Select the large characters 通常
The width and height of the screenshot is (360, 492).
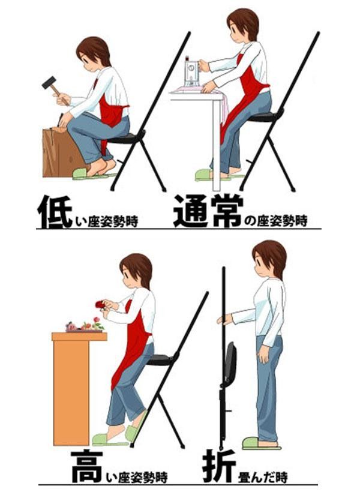pos(208,211)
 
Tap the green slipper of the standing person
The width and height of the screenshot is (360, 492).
pos(259,443)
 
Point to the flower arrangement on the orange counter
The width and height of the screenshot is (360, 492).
pos(83,326)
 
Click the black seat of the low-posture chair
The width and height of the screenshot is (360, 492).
pos(123,139)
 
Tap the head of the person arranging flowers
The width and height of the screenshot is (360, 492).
pos(137,270)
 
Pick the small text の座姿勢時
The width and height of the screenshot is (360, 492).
pos(277,221)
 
